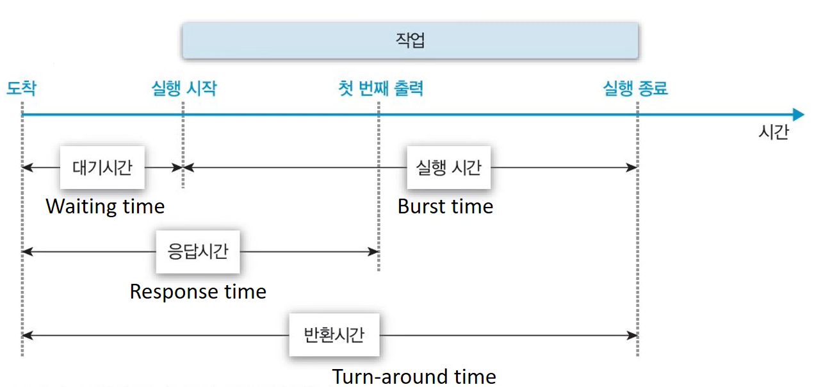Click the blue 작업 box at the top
411,41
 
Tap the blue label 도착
21,88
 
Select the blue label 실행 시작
184,88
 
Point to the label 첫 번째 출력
380,88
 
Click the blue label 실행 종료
635,88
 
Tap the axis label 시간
773,133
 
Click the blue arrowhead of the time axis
798,115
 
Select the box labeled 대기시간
102,168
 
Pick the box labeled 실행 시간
448,168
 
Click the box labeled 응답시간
198,252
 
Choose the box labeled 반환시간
334,334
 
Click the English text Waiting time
105,206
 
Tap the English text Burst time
445,206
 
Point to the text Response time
198,292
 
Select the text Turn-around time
414,376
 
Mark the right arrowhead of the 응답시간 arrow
375,252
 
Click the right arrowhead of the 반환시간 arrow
633,334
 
